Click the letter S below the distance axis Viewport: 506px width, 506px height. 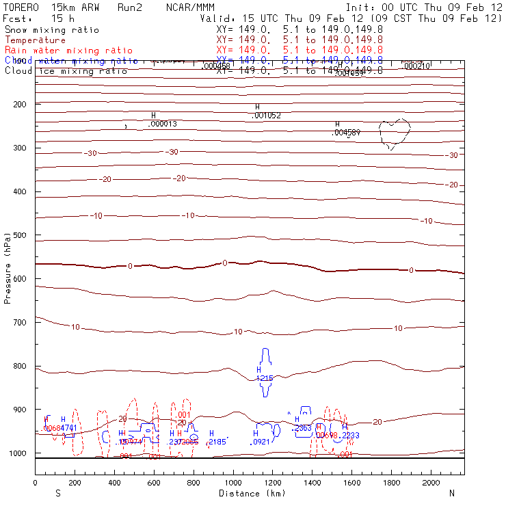[x=57, y=493]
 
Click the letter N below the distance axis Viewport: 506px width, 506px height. [x=451, y=493]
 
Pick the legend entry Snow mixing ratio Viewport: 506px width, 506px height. [x=51, y=30]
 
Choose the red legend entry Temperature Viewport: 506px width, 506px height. [x=35, y=40]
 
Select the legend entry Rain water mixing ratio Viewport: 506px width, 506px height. [x=60, y=51]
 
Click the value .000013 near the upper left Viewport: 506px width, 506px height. [x=163, y=124]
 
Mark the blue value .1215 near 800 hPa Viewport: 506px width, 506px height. [x=265, y=378]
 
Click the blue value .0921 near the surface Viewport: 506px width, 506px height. [x=262, y=442]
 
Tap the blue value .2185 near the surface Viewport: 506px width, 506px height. [x=217, y=442]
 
